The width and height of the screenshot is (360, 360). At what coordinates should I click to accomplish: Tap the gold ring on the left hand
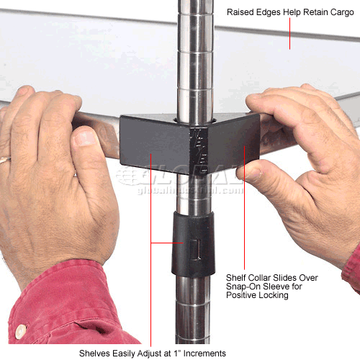[4, 159]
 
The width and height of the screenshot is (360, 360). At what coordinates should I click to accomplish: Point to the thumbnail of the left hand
[84, 136]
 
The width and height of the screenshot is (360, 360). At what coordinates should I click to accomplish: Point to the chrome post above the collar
[194, 58]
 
